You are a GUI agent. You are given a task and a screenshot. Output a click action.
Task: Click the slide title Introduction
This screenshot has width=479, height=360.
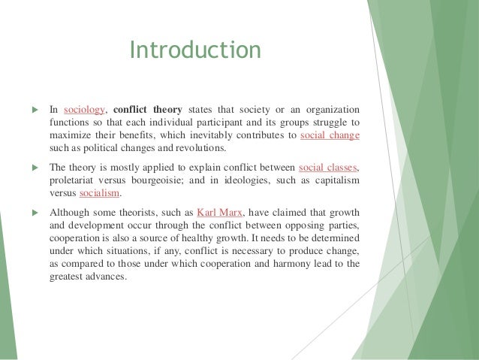tap(195, 50)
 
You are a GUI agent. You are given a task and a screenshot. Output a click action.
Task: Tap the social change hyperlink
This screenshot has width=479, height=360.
tap(330, 135)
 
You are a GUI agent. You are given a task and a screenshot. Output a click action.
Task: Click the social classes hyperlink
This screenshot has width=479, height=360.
tap(329, 168)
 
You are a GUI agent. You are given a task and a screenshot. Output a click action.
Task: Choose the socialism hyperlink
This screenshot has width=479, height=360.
tap(98, 195)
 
